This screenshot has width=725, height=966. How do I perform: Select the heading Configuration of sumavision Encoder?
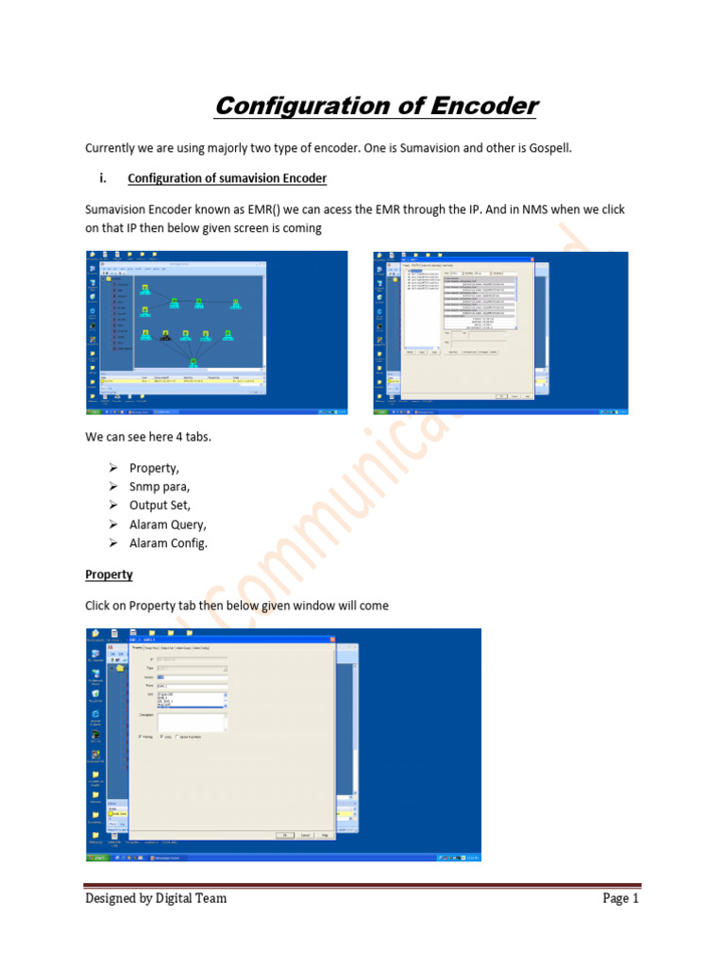click(x=227, y=178)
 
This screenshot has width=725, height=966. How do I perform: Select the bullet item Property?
click(x=154, y=468)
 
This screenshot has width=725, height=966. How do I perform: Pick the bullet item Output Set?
click(x=160, y=506)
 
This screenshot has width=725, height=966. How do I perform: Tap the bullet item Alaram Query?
click(x=167, y=525)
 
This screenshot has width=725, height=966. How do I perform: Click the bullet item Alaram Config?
click(x=168, y=543)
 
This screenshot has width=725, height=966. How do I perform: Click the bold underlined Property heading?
click(x=109, y=575)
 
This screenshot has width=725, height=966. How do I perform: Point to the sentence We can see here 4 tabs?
click(x=148, y=437)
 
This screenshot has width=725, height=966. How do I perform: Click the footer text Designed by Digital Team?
click(x=156, y=898)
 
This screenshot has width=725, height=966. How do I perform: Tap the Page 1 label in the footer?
click(x=621, y=898)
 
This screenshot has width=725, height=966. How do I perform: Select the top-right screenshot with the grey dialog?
click(x=500, y=333)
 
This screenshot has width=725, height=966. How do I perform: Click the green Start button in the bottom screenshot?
click(x=97, y=858)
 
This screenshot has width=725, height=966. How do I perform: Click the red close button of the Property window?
click(x=332, y=640)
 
